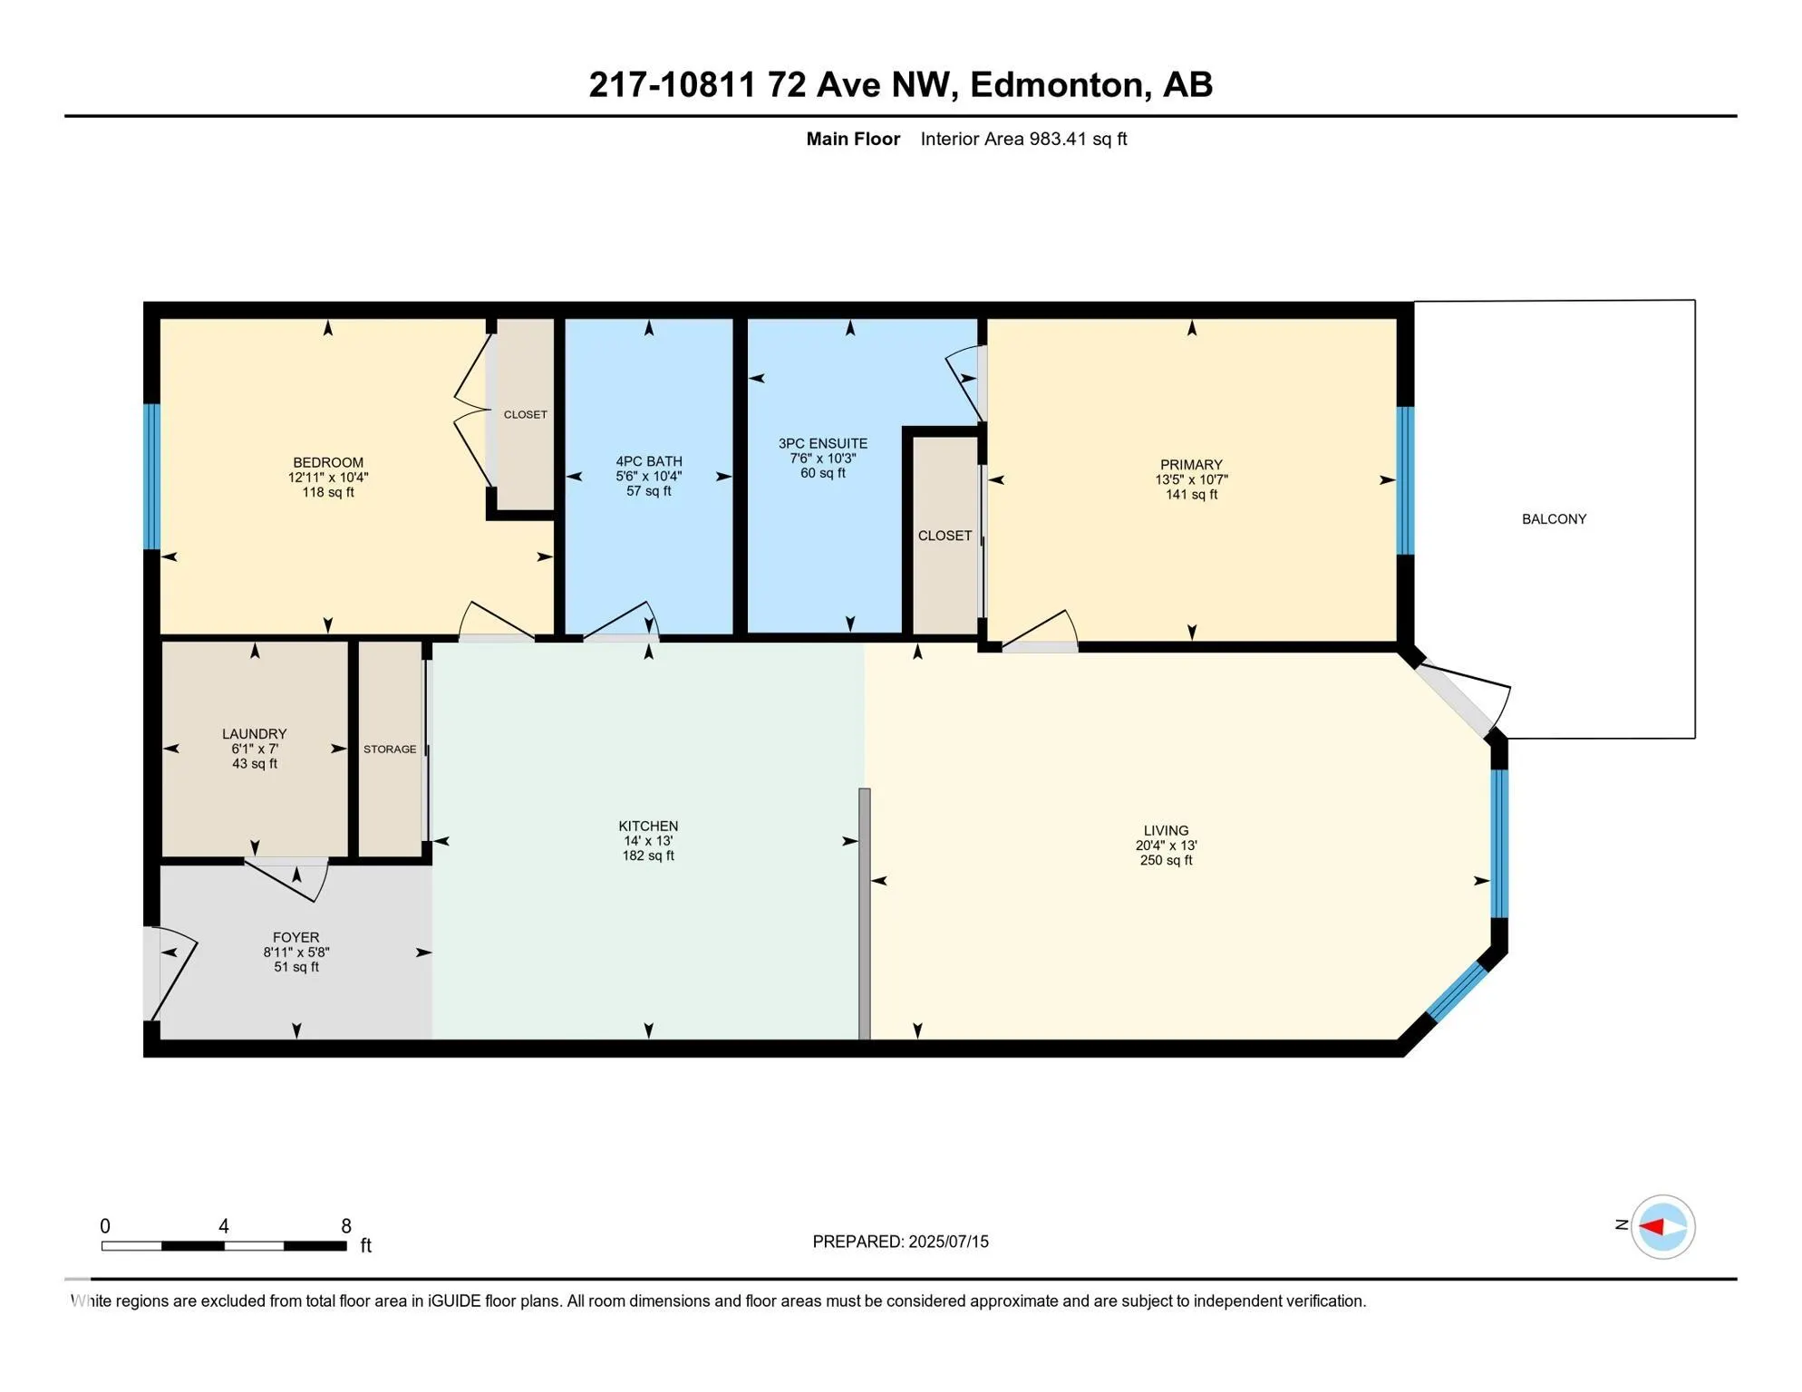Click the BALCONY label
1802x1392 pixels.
tap(1554, 519)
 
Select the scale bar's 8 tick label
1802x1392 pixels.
tap(346, 1226)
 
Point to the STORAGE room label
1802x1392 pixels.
tap(390, 749)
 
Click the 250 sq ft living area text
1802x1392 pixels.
tap(1166, 860)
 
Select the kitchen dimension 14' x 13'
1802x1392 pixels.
tap(648, 841)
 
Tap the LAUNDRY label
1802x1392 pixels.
tap(255, 734)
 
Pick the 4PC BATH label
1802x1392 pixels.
tap(649, 461)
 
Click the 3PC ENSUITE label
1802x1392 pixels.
tap(823, 443)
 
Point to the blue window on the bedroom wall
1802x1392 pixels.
tap(152, 477)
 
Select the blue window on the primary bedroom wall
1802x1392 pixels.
tap(1405, 480)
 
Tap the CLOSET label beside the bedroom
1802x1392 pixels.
tap(526, 415)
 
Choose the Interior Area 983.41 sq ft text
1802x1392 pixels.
tap(1023, 139)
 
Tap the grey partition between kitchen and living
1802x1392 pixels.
tap(865, 913)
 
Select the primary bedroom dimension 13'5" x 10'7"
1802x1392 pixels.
tap(1191, 479)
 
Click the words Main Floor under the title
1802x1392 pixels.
tap(853, 139)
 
